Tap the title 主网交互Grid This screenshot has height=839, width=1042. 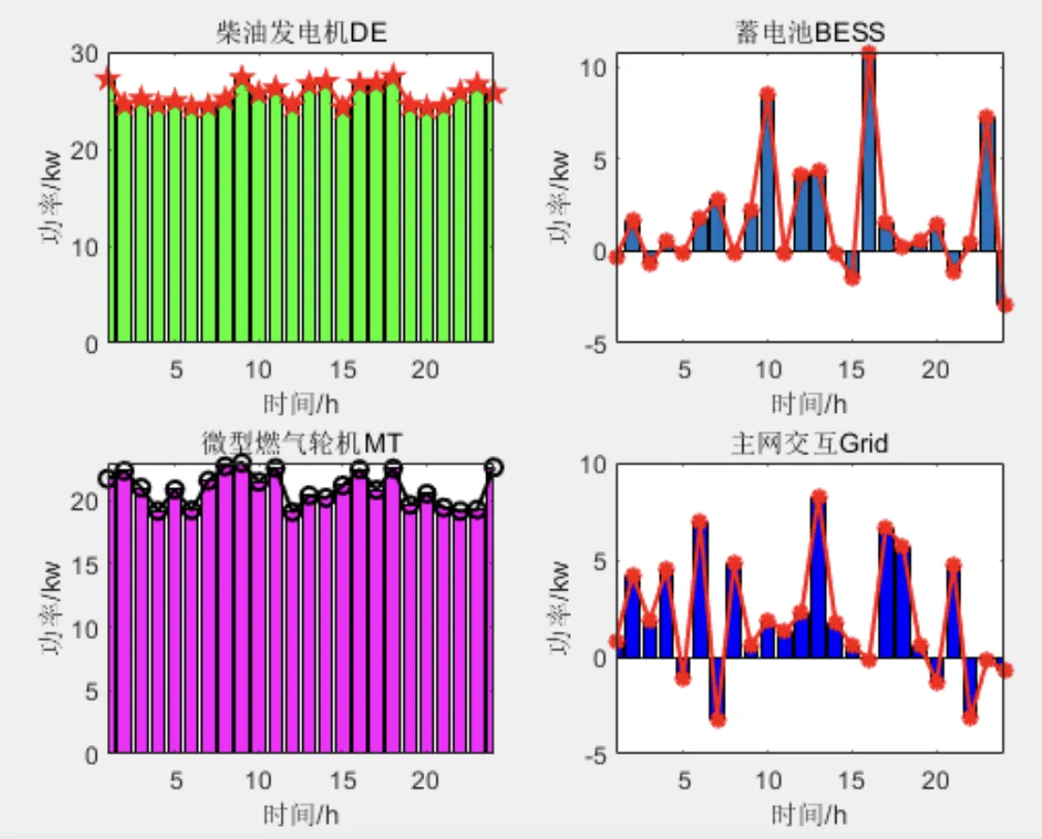click(x=809, y=441)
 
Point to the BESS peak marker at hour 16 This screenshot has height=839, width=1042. click(x=869, y=53)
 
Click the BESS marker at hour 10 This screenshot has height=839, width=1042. click(x=768, y=94)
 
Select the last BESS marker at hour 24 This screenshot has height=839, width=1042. click(x=1004, y=304)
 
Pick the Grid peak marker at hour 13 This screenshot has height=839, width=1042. click(x=819, y=496)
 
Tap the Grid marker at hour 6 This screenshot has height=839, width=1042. click(x=700, y=521)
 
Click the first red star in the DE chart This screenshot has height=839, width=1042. click(x=108, y=80)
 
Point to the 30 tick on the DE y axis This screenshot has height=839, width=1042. click(x=87, y=53)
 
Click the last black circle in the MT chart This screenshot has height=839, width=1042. click(x=494, y=466)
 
